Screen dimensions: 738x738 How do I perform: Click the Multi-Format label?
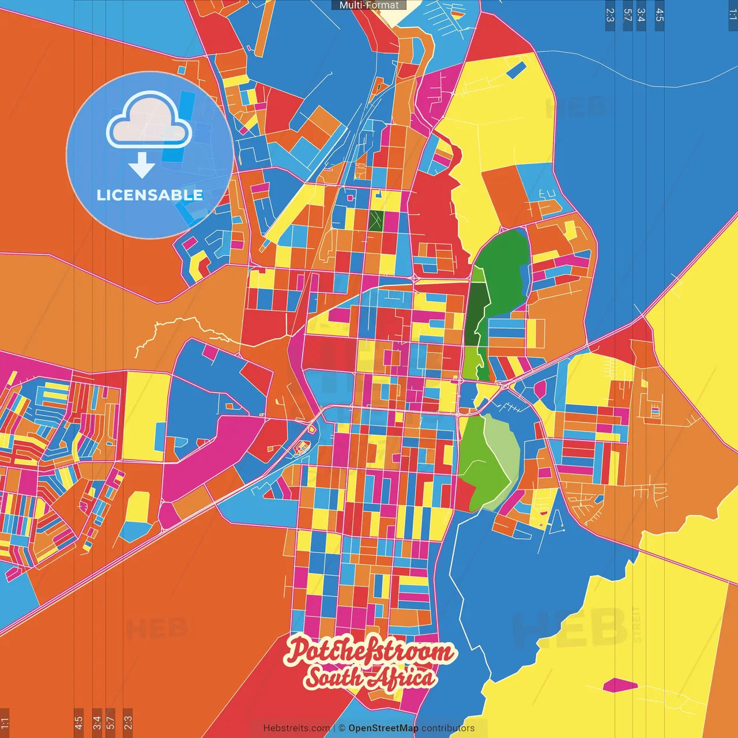coord(369,5)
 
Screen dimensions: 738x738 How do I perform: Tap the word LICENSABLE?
coord(150,195)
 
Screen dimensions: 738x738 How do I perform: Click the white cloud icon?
coord(149,122)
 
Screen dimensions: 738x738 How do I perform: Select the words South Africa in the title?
coord(370,677)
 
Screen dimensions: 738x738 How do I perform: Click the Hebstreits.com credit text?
coord(296,728)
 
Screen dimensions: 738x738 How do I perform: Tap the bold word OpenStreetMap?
coord(383,728)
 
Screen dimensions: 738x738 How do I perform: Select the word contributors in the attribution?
coord(448,728)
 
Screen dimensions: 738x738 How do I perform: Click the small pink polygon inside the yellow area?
coord(620,686)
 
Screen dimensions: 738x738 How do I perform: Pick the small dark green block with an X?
coord(376,221)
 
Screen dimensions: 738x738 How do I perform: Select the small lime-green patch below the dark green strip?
coord(470,363)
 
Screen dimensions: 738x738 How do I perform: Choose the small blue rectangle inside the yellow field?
coord(515,69)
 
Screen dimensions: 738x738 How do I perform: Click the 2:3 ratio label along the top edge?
coord(610,15)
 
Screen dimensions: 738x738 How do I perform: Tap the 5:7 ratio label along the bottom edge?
coord(111,722)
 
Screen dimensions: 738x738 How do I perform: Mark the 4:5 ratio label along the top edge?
coord(660,15)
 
